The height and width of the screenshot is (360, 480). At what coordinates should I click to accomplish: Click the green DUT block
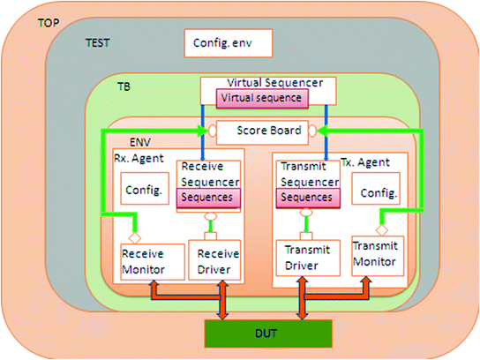tap(269, 334)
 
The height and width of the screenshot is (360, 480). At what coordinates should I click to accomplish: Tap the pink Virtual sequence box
tap(263, 97)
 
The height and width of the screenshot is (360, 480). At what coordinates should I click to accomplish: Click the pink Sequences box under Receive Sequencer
tap(207, 198)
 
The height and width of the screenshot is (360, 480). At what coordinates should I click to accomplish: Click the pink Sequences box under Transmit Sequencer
tap(304, 198)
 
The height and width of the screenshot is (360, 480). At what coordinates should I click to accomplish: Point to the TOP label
tap(50, 19)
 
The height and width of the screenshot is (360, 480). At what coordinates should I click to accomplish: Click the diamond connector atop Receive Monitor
tap(135, 237)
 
